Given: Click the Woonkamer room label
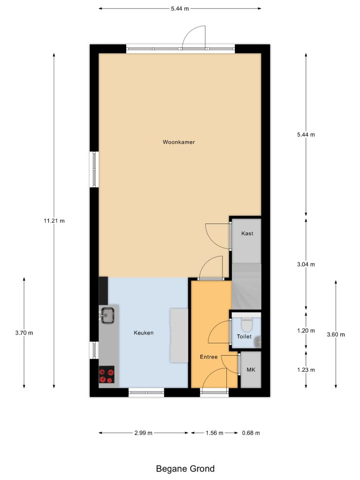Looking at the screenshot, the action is tap(179, 142).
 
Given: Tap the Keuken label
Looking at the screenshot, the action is tap(144, 333).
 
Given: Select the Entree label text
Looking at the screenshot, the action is tap(209, 357).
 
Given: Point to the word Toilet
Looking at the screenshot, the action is tap(244, 336).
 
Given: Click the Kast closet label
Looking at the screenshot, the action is tap(247, 233).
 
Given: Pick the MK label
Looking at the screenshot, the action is tap(251, 370).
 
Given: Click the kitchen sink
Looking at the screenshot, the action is tap(108, 315).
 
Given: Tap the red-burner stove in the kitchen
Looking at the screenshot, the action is tap(107, 374).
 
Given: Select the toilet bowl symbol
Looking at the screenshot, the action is tap(247, 325).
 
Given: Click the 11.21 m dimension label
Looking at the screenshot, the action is tap(54, 221).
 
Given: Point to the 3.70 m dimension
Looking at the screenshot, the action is tap(24, 333).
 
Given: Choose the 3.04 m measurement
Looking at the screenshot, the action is tap(306, 264).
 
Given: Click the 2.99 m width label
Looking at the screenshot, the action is tap(144, 433).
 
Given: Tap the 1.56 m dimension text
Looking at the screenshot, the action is tap(215, 433).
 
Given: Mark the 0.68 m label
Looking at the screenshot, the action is tap(251, 433).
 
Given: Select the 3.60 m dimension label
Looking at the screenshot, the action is tap(336, 334).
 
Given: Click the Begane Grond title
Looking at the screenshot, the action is tap(185, 469).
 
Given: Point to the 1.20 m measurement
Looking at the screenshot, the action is tap(306, 331).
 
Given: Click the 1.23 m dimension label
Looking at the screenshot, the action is tap(306, 370).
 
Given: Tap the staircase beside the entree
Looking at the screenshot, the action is tap(247, 286).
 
